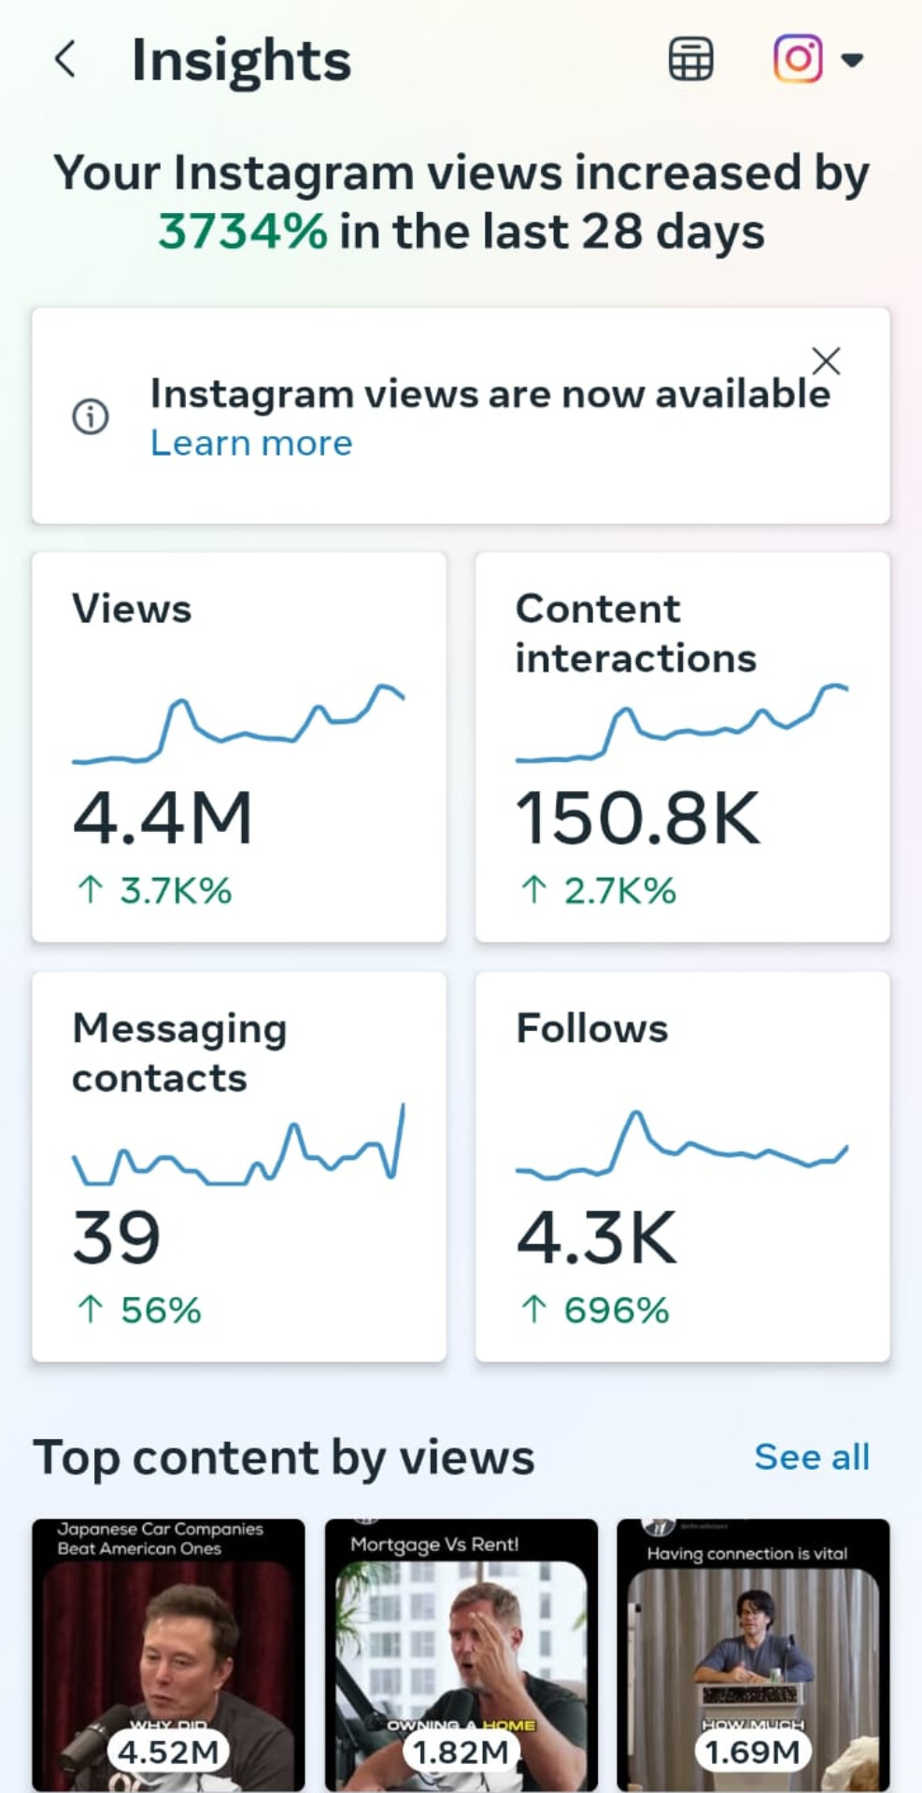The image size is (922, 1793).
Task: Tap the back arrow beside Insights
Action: click(x=64, y=60)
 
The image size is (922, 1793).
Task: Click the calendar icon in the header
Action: click(x=690, y=60)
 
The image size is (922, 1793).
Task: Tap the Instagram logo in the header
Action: click(x=798, y=60)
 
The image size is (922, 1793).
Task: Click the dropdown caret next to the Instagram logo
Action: click(x=851, y=61)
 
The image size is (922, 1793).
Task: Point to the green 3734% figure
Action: click(x=243, y=232)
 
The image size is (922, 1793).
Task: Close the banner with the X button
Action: click(x=826, y=360)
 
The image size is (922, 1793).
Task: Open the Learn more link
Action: click(x=251, y=444)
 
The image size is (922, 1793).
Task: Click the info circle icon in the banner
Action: click(x=91, y=416)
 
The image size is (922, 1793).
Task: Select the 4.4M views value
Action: click(x=163, y=818)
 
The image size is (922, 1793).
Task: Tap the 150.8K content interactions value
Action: click(x=638, y=818)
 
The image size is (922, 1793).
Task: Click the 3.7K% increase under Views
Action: click(x=175, y=891)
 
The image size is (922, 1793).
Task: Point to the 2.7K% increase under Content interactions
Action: click(x=618, y=891)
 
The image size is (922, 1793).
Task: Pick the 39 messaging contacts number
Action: click(x=117, y=1238)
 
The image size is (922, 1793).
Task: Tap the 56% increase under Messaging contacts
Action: click(x=160, y=1310)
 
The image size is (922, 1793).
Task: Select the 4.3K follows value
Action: click(x=596, y=1238)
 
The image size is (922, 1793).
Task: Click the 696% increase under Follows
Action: click(x=616, y=1310)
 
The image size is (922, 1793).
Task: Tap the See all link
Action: click(x=812, y=1457)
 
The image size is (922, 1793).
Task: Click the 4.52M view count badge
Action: click(x=168, y=1752)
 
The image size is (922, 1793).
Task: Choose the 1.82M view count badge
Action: click(x=461, y=1752)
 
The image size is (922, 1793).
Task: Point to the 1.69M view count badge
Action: click(x=752, y=1752)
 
